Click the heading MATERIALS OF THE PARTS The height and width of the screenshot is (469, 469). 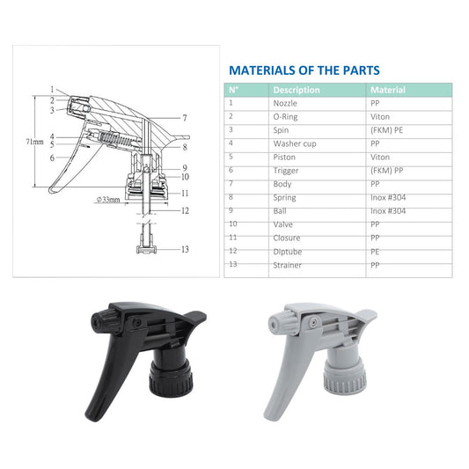tap(304, 70)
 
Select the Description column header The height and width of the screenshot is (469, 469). tap(297, 90)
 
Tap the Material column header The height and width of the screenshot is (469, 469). tap(388, 90)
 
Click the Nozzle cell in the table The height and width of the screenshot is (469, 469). tap(285, 103)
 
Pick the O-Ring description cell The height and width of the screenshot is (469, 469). tap(285, 117)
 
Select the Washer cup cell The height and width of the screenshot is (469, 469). tap(295, 143)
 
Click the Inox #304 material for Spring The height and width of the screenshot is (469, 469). tap(388, 197)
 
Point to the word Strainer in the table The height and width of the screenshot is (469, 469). tap(287, 265)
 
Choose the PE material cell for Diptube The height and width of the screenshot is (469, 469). tap(375, 252)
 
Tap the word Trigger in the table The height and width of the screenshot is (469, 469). tap(286, 171)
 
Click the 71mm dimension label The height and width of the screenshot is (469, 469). tap(34, 142)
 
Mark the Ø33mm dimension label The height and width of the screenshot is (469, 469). tap(108, 199)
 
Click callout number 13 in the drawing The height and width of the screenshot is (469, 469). tap(185, 249)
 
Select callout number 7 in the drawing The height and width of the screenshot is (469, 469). tap(185, 118)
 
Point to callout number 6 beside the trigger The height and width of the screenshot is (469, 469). tap(52, 158)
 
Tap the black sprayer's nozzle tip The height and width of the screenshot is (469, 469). tap(96, 322)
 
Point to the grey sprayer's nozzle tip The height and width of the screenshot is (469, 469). tap(273, 324)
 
